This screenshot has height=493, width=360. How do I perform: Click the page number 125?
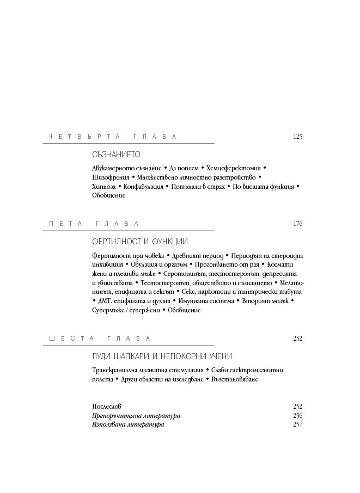(x=297, y=137)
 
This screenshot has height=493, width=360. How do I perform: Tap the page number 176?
(x=297, y=224)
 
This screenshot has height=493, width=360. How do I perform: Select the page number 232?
(x=297, y=338)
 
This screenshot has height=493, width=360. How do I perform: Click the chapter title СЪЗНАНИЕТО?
(x=117, y=155)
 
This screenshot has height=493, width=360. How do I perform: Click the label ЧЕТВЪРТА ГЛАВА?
(x=113, y=137)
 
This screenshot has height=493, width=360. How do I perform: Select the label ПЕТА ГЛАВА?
(x=94, y=224)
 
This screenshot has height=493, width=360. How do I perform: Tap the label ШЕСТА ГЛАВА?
(x=99, y=338)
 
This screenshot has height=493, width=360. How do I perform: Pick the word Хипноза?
(x=104, y=187)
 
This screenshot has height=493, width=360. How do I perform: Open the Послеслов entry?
(x=107, y=406)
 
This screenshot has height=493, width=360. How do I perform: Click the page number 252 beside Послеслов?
(x=297, y=406)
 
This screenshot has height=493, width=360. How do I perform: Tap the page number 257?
(x=297, y=425)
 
